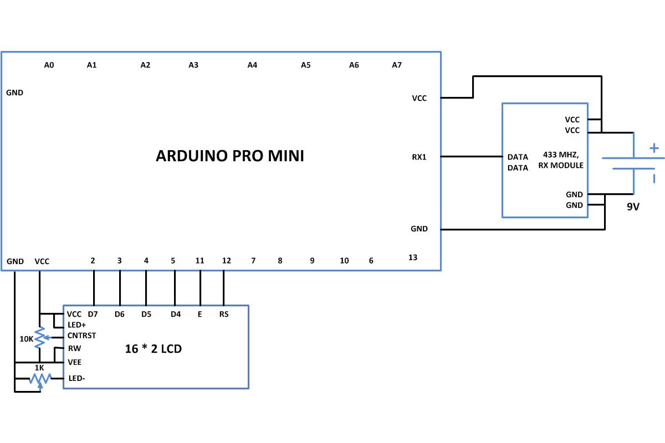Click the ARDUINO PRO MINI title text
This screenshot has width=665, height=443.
pyautogui.click(x=230, y=156)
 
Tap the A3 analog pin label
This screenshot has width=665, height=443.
pyautogui.click(x=193, y=65)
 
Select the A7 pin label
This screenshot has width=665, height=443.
pyautogui.click(x=397, y=65)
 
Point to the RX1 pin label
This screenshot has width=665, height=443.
pyautogui.click(x=419, y=157)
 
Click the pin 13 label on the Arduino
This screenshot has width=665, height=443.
pyautogui.click(x=413, y=257)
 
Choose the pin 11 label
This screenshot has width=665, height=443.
pyautogui.click(x=199, y=260)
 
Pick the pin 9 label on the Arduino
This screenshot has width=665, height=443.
pyautogui.click(x=312, y=260)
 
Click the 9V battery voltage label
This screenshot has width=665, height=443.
pyautogui.click(x=633, y=207)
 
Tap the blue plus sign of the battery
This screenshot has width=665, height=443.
pyautogui.click(x=654, y=148)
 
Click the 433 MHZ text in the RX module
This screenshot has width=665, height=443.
pyautogui.click(x=561, y=154)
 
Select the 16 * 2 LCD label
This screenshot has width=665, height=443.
pyautogui.click(x=153, y=349)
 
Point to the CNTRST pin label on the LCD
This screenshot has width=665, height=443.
pyautogui.click(x=81, y=336)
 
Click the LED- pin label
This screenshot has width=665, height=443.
pyautogui.click(x=76, y=378)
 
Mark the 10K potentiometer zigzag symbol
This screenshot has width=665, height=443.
pyautogui.click(x=40, y=337)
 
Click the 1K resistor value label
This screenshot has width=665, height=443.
pyautogui.click(x=39, y=368)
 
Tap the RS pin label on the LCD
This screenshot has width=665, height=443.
pyautogui.click(x=224, y=314)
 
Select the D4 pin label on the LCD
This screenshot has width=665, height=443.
pyautogui.click(x=176, y=314)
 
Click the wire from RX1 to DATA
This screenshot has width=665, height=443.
pyautogui.click(x=472, y=156)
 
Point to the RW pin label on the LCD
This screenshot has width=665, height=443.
pyautogui.click(x=74, y=348)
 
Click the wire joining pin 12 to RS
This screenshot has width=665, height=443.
pyautogui.click(x=223, y=288)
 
